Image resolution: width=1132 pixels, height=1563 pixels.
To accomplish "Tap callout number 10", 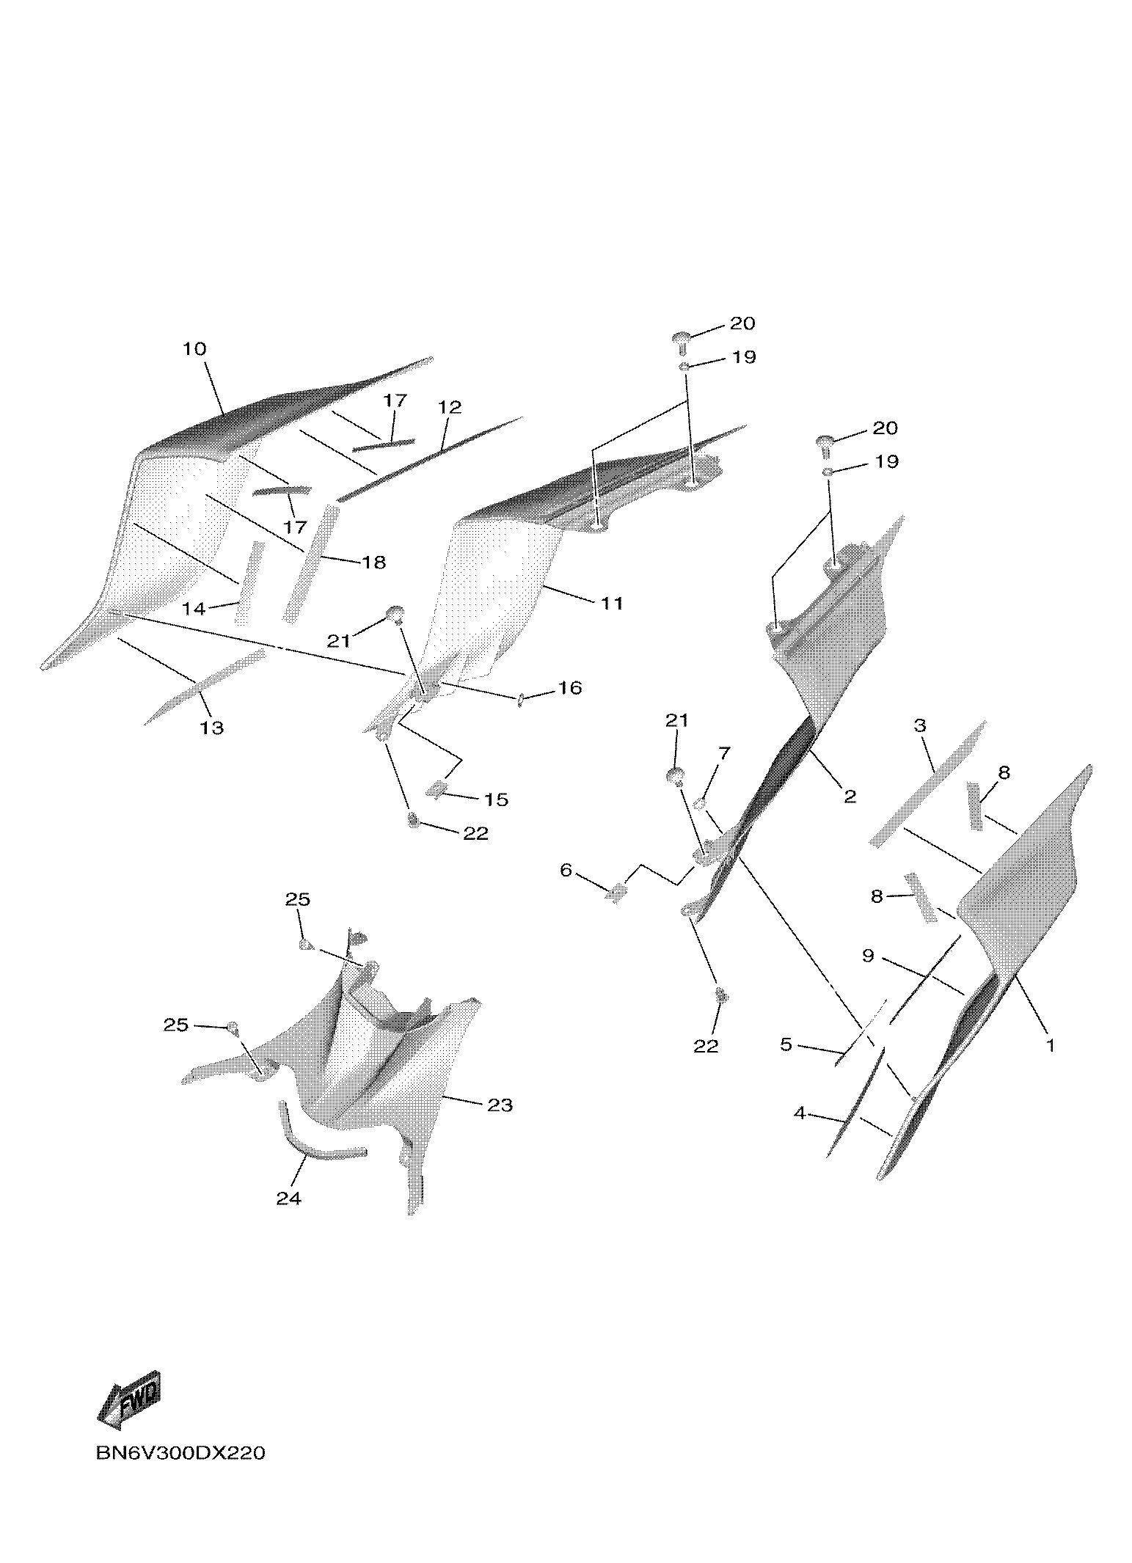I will (194, 349).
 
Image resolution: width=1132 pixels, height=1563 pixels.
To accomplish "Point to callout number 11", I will (612, 603).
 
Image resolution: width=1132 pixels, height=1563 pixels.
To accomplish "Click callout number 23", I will (500, 1105).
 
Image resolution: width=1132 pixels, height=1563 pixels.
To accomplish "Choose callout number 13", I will (212, 728).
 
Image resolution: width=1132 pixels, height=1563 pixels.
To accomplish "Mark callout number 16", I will (570, 688).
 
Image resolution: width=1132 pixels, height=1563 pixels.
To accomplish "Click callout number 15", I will (497, 799).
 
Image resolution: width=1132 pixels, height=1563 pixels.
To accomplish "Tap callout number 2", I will (850, 796).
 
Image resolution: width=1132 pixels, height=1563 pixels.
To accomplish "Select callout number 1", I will (1050, 1045).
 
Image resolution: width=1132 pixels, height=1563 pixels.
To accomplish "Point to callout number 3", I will (920, 725).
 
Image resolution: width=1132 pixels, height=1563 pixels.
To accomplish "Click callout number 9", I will (868, 956).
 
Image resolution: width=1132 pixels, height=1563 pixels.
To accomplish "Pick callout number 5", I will (786, 1044).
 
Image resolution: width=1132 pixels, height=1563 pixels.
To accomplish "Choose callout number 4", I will (799, 1113).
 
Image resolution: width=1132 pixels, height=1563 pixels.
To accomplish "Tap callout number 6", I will (565, 870).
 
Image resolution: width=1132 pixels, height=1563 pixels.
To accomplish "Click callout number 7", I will (724, 753).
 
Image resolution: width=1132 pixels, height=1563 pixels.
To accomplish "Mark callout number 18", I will (373, 563).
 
